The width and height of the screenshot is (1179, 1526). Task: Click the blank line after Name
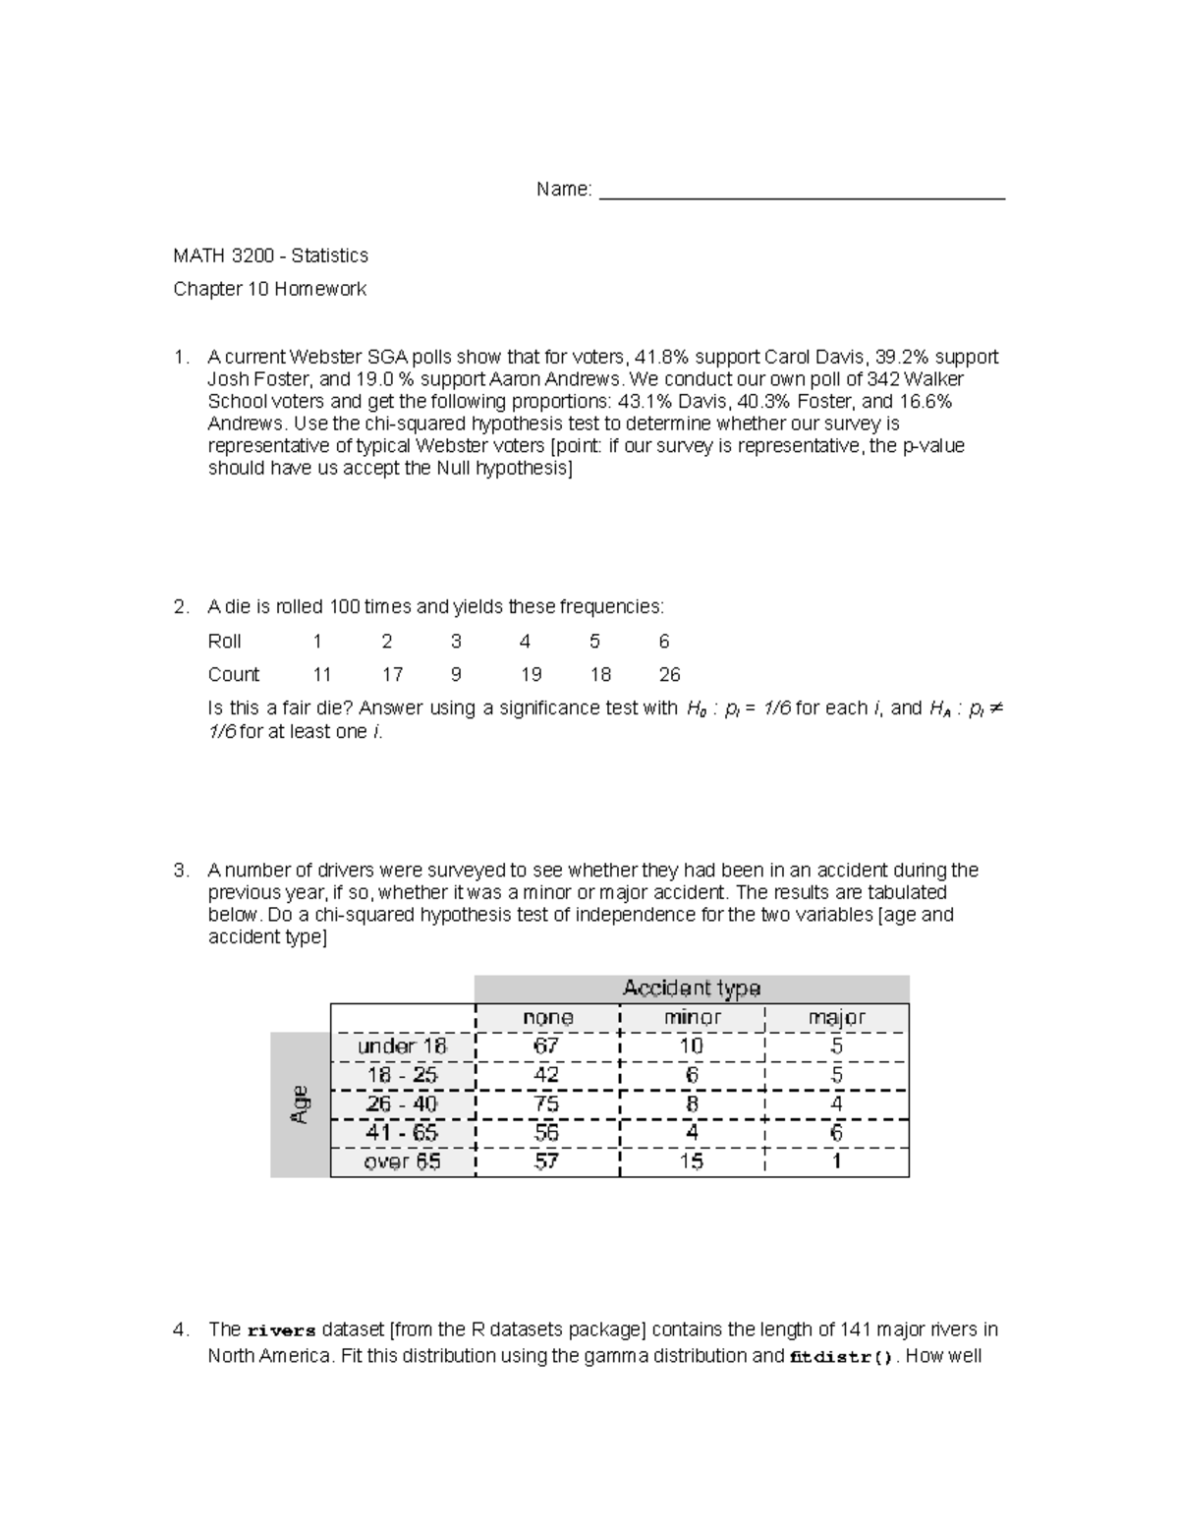point(802,191)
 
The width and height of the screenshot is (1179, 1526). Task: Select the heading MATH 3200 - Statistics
point(270,255)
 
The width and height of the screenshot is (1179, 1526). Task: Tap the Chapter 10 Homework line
point(269,289)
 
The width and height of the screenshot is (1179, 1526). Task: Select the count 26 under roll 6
point(669,675)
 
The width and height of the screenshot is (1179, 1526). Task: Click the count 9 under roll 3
point(456,675)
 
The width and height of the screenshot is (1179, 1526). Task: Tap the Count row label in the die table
point(234,675)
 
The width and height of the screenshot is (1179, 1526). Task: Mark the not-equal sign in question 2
point(993,708)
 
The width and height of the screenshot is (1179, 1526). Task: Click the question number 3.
point(181,871)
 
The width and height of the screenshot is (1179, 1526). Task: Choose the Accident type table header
point(692,989)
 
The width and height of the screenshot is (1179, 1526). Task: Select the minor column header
point(692,1018)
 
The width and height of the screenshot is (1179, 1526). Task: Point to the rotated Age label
point(300,1104)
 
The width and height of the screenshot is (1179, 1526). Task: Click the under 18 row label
point(402,1046)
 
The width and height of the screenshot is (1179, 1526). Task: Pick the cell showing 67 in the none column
point(546,1046)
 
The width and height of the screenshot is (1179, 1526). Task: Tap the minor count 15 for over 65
point(692,1161)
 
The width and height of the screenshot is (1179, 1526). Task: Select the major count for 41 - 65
point(836,1133)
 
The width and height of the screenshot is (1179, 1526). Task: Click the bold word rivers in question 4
point(281,1331)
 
